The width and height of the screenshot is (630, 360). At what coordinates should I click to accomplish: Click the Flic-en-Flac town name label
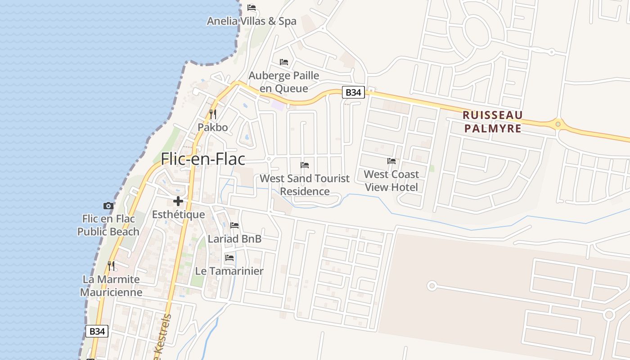203,159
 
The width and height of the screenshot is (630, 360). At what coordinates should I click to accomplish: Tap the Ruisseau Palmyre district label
492,121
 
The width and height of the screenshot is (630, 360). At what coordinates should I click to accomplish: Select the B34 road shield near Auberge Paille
353,93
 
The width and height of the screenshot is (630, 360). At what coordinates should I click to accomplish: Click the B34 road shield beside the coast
97,331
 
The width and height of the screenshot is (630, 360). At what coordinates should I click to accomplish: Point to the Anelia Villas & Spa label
252,21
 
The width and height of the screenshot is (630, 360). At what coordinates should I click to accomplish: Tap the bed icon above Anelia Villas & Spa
252,8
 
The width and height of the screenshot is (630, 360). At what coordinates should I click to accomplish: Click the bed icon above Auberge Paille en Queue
284,62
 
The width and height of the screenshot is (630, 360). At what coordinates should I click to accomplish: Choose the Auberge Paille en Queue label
284,82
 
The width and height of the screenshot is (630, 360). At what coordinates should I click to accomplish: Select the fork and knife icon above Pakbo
213,114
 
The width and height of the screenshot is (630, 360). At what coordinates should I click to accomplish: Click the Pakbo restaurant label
213,127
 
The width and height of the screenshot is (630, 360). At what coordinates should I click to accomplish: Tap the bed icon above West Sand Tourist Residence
305,165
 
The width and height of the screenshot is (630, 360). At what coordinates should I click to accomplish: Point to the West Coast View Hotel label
391,180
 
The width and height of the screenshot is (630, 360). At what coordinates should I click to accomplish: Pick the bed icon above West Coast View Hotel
391,161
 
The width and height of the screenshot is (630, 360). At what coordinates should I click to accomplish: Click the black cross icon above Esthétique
178,201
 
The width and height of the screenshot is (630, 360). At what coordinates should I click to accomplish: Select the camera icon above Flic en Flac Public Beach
108,206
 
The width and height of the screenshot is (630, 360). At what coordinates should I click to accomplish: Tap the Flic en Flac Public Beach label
108,225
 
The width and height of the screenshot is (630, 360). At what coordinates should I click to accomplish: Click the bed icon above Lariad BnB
234,225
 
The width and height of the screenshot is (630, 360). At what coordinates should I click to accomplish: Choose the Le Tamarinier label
229,271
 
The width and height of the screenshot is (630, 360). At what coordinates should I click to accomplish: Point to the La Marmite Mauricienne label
111,286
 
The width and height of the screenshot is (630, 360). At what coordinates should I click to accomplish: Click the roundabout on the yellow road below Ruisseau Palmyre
558,124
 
